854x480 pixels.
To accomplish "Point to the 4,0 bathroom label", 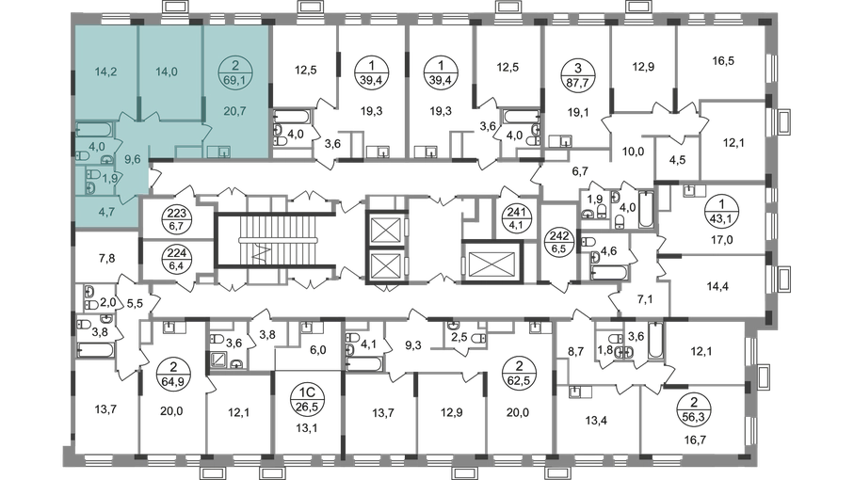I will click(x=98, y=147).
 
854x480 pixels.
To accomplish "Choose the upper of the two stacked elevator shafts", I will click(x=386, y=229).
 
